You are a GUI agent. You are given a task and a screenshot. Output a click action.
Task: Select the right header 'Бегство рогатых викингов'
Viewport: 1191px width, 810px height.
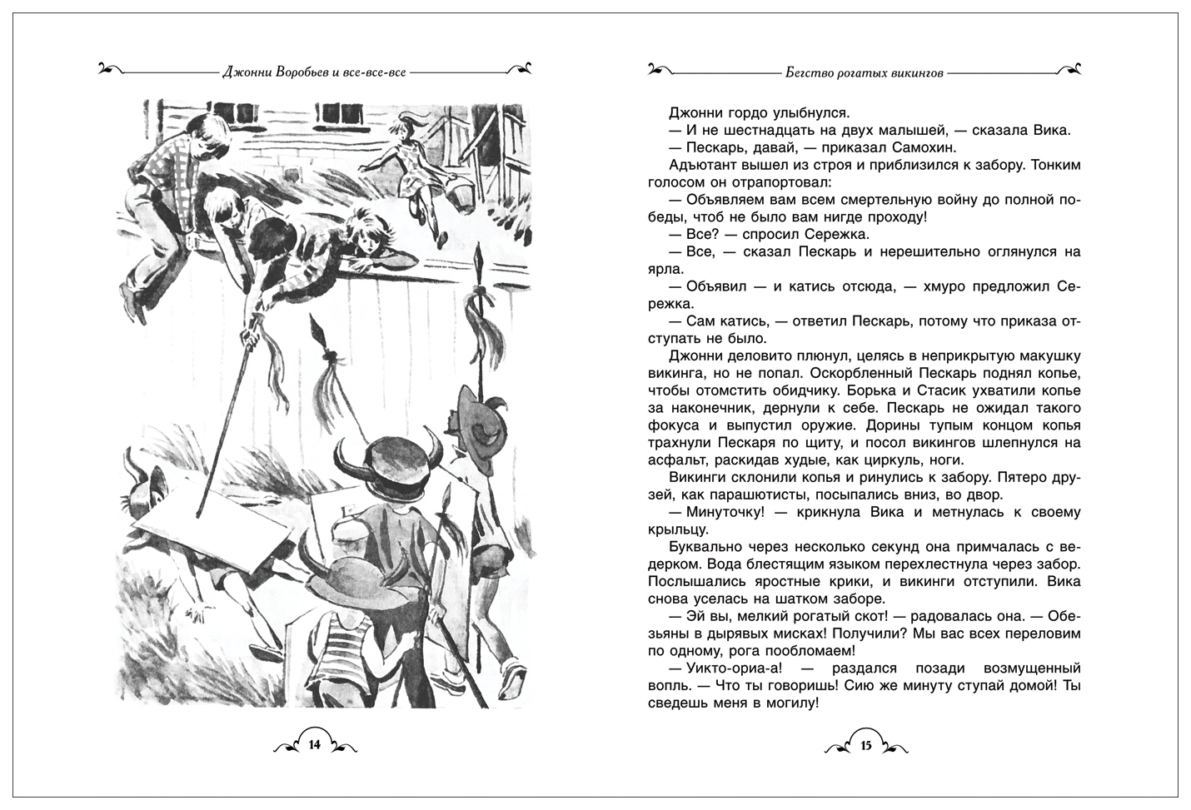864,72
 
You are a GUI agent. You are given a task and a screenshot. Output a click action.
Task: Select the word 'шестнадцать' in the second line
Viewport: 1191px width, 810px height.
734,130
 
